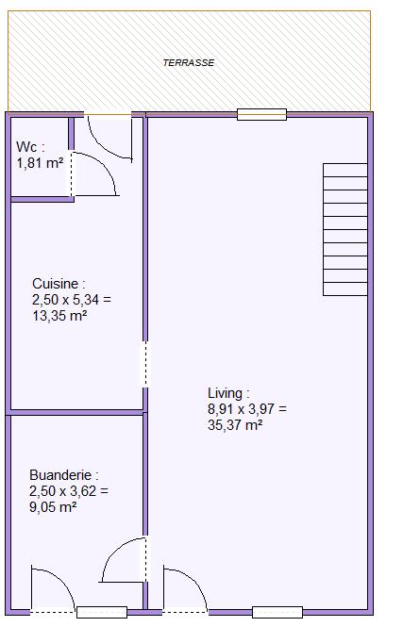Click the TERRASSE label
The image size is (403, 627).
189,63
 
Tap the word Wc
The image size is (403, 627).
26,147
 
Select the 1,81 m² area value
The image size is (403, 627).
40,163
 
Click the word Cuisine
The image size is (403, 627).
56,284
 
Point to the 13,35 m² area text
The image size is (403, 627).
59,316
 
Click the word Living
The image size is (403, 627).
225,393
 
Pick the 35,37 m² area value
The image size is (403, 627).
235,424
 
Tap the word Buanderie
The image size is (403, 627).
60,475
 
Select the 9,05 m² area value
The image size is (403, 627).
53,507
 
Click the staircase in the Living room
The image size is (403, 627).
345,229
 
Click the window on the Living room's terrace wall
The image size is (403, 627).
261,114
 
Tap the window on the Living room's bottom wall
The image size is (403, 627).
277,612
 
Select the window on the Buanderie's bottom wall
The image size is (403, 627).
102,612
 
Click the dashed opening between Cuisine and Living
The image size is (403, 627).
145,364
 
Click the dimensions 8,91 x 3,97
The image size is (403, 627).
247,408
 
